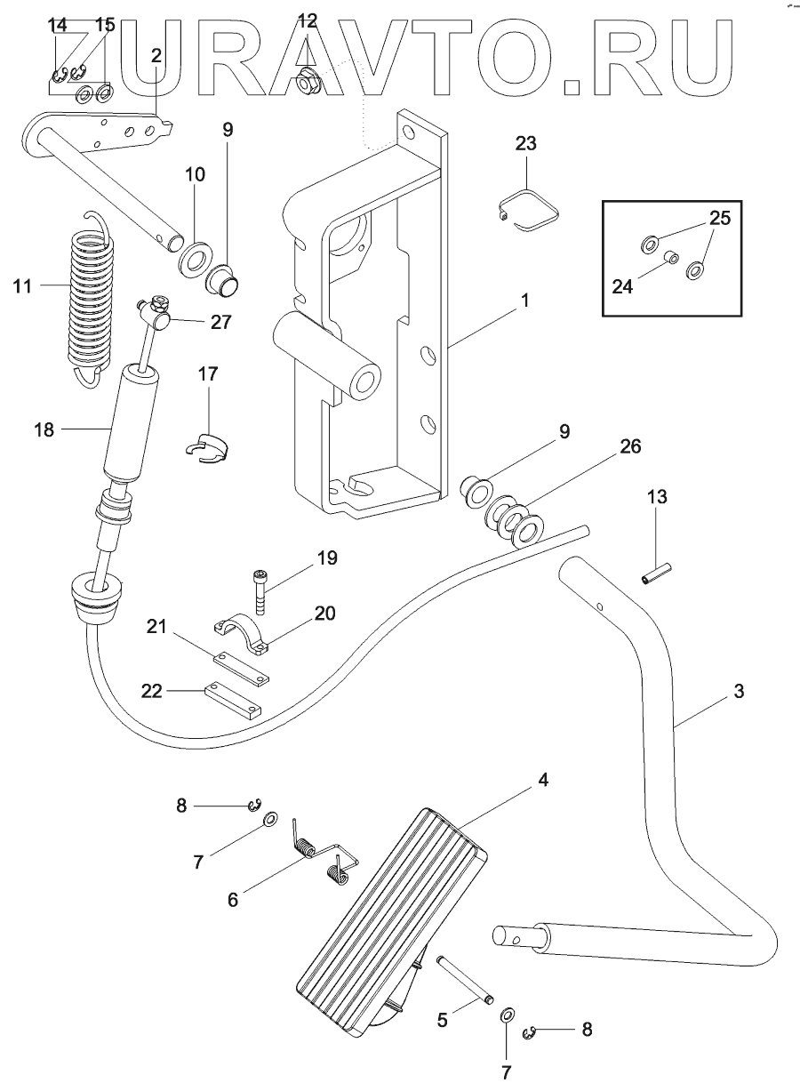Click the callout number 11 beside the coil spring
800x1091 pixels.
tap(24, 285)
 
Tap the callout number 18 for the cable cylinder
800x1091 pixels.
tap(44, 430)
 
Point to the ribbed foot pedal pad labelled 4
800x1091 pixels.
tap(391, 916)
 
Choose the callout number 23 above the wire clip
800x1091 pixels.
tap(525, 143)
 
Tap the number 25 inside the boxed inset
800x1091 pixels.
tap(720, 218)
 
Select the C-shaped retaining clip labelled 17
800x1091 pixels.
tap(210, 447)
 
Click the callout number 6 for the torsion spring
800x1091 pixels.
tap(233, 899)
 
